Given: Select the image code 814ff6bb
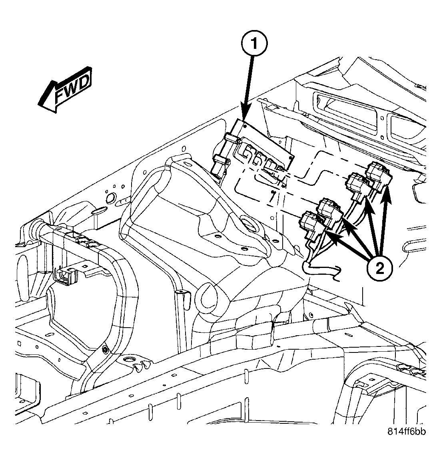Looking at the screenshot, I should point(406,431).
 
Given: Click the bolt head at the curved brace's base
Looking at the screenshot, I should point(105,350).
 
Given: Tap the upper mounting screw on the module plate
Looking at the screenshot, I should point(244,125).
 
